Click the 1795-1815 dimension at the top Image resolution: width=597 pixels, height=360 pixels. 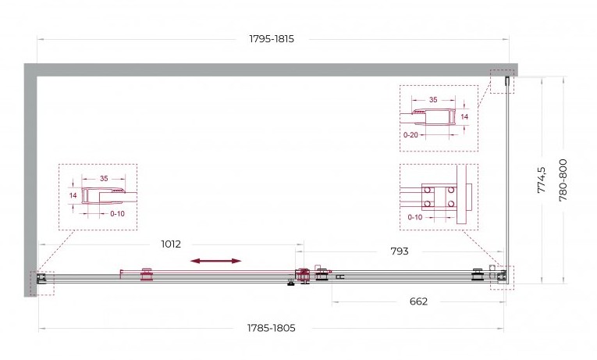click(272, 39)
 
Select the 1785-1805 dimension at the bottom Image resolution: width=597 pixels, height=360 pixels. click(271, 328)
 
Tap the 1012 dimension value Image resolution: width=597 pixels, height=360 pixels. click(171, 244)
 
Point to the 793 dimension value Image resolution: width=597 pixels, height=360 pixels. click(400, 251)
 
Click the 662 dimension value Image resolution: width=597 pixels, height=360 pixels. click(418, 301)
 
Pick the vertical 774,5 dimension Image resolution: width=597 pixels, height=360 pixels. click(542, 180)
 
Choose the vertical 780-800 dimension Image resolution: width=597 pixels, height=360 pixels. click(563, 180)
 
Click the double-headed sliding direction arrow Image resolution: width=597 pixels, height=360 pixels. click(216, 261)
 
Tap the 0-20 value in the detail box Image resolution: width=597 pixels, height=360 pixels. click(410, 135)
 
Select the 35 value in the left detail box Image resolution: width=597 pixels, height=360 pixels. click(104, 178)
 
